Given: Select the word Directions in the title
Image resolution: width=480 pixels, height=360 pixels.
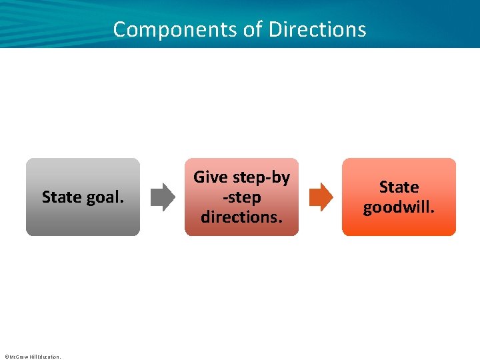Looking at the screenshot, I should (317, 29).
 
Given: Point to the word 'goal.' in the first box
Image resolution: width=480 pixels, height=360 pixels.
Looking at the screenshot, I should (106, 197).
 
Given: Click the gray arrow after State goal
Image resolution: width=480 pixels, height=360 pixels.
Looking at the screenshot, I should (163, 197).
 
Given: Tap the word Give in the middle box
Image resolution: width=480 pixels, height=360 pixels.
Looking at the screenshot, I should (211, 177).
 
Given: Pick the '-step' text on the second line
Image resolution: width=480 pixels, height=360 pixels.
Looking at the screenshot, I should (242, 197).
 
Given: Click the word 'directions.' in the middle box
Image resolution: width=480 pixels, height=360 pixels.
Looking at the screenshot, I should (241, 217).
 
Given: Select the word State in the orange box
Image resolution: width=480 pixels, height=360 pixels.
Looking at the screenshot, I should (399, 187).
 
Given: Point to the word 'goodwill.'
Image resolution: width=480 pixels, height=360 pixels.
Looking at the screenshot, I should (399, 207).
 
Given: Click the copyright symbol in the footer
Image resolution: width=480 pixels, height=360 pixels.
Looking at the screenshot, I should (6, 357).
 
